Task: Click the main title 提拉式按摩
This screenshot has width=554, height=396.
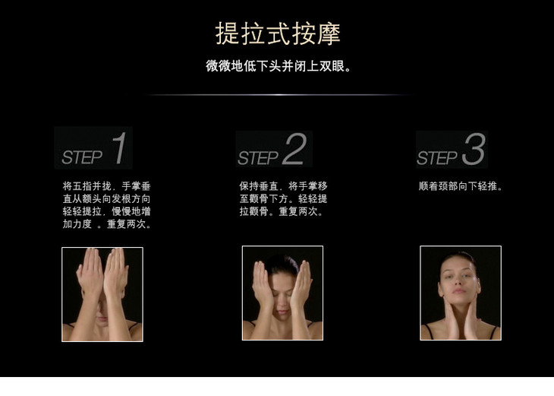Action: point(278,33)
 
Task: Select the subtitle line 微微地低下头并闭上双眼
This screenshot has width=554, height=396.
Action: point(279,66)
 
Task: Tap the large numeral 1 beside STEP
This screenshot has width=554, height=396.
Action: point(119,148)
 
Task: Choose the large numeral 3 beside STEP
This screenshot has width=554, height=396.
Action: point(474,149)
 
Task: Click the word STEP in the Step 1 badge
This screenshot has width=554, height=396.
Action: point(82,157)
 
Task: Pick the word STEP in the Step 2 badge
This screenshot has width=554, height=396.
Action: point(258,158)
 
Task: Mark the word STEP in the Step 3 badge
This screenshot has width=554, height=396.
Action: point(437,158)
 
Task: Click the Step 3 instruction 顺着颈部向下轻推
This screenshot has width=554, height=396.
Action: point(461,186)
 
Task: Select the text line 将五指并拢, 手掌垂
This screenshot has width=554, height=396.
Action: point(107,186)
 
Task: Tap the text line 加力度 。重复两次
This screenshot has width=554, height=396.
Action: point(107,224)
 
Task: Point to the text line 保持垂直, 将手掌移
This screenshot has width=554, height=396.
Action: point(283,185)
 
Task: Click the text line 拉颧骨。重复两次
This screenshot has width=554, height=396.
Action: point(282,211)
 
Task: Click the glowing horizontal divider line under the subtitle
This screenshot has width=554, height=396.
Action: point(280,95)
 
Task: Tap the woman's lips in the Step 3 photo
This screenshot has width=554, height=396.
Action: point(459,291)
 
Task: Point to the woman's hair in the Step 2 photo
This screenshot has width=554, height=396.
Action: point(282,265)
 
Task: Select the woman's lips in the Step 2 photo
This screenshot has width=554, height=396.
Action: point(282,312)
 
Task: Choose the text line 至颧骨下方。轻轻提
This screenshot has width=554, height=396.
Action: point(283,198)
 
